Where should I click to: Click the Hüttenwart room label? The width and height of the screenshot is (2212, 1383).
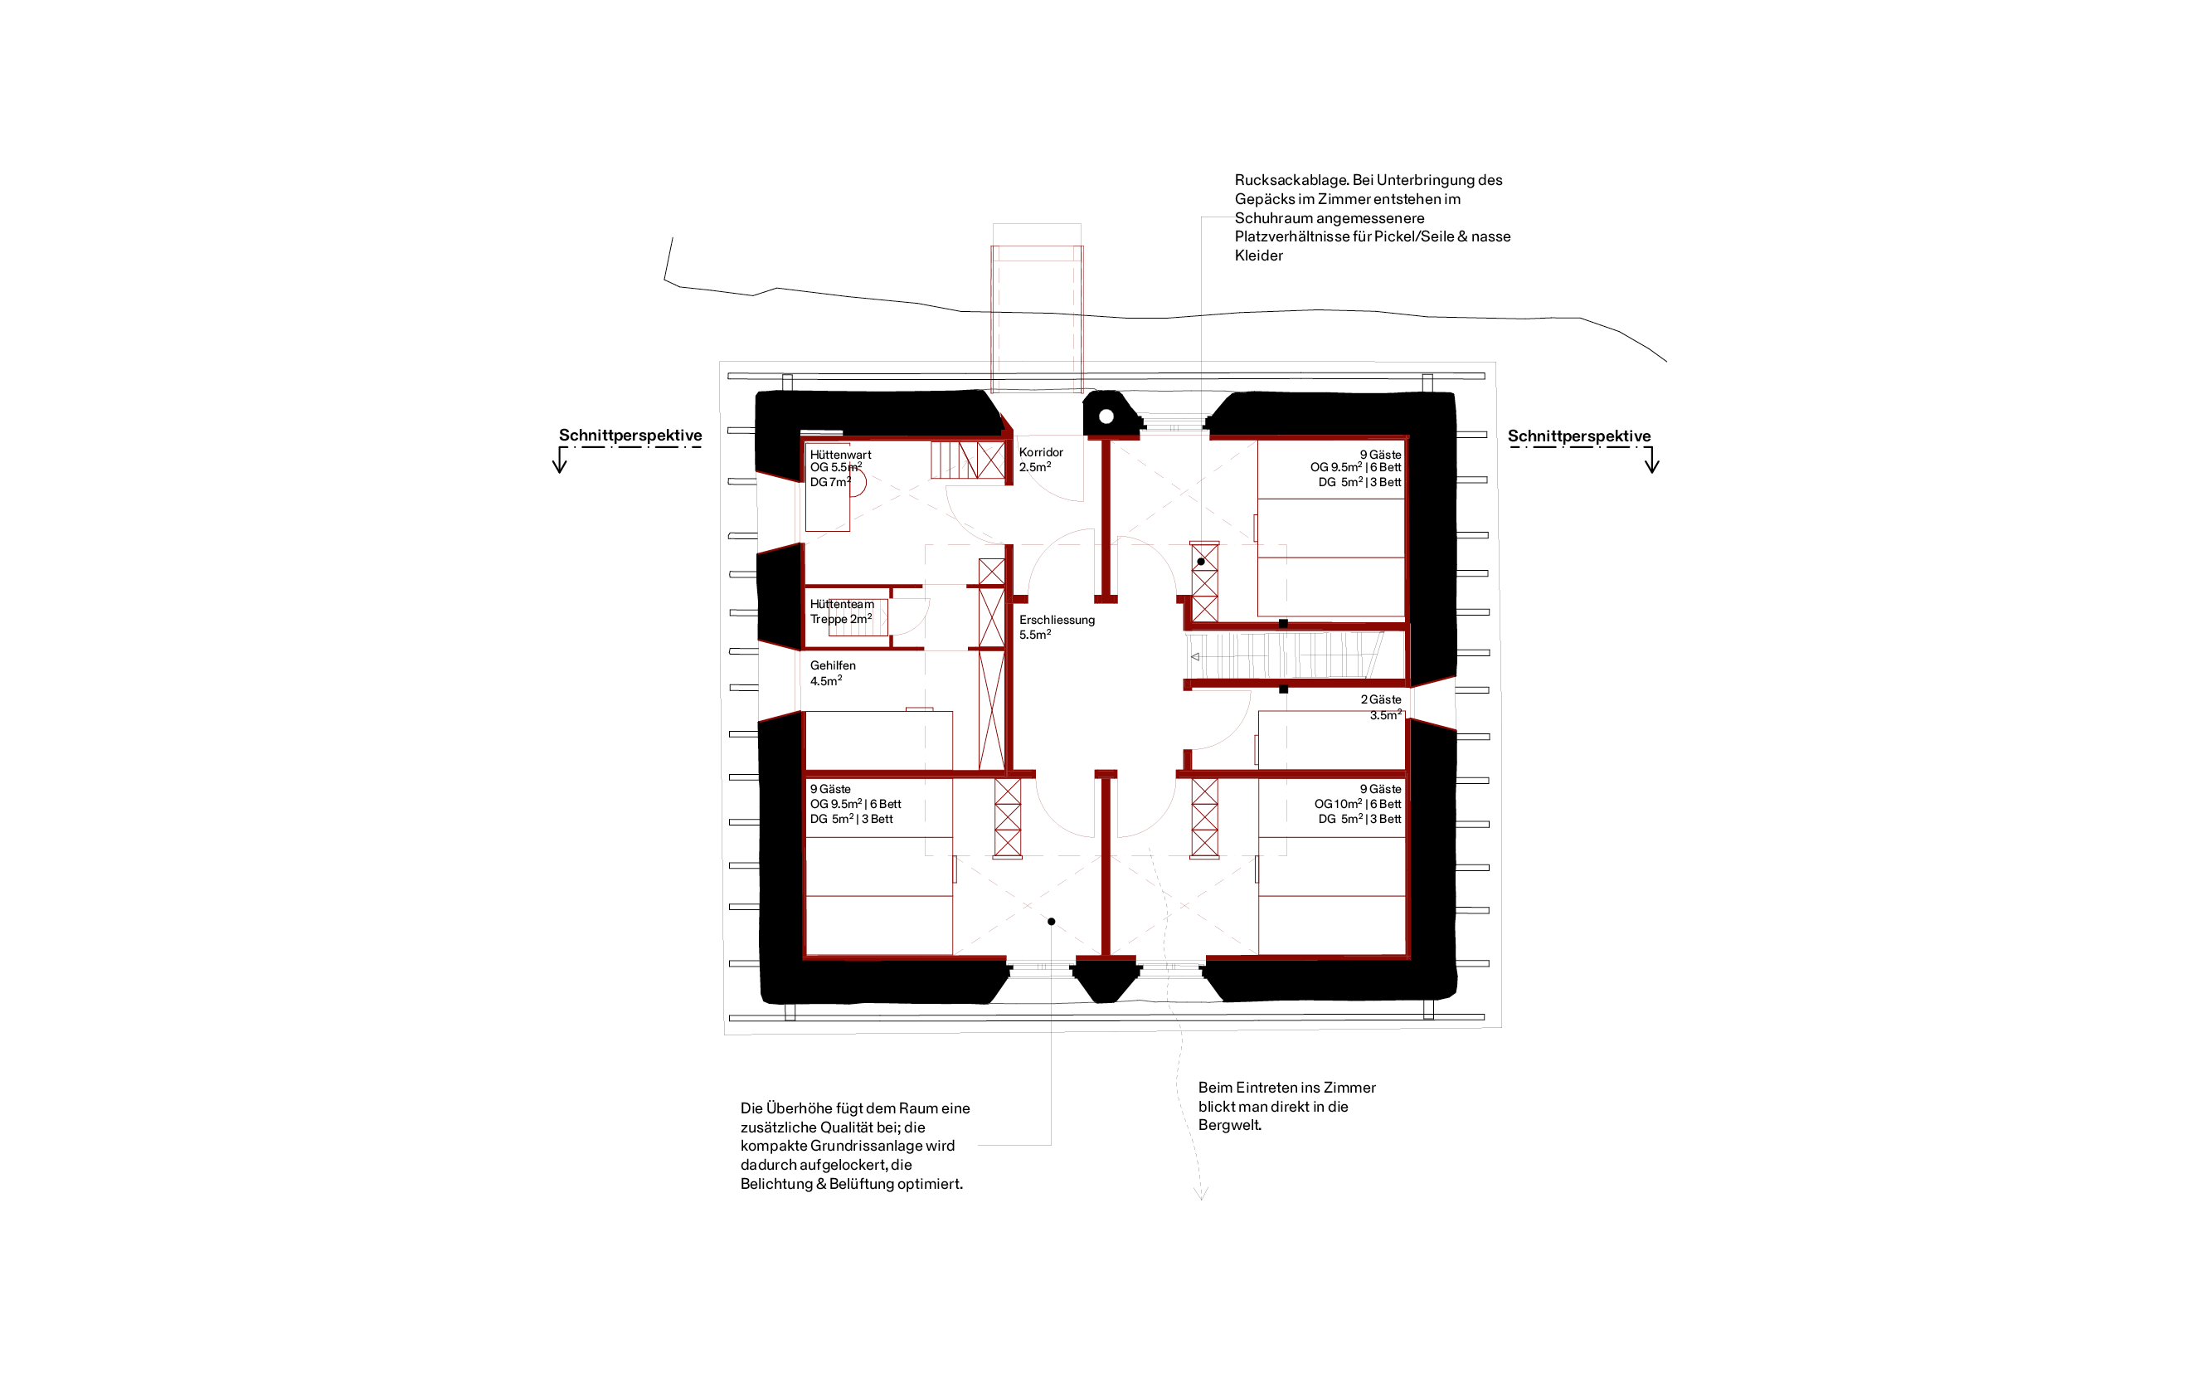840,455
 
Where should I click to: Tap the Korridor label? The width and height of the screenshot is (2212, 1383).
1041,452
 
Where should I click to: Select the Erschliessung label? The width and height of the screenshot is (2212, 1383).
1056,619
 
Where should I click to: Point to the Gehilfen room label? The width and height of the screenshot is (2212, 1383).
832,666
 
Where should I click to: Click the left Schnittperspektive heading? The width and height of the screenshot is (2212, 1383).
630,436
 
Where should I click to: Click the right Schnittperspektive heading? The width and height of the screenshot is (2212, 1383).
1579,436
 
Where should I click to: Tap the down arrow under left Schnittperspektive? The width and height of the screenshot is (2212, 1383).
560,461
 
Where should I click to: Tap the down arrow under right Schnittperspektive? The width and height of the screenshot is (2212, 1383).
1651,461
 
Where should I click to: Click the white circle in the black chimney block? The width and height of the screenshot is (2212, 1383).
1106,417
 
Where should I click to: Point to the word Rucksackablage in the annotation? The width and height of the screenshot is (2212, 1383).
1291,180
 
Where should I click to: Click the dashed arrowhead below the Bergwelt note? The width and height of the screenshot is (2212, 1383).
1202,1194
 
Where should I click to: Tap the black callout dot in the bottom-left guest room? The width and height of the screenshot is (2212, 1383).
1052,921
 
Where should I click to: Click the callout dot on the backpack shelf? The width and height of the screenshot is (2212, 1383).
1201,562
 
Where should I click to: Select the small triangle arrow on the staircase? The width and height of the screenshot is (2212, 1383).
1194,657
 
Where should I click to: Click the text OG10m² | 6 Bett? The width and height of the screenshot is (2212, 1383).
1357,804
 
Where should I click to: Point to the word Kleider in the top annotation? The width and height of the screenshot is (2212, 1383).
1258,256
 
